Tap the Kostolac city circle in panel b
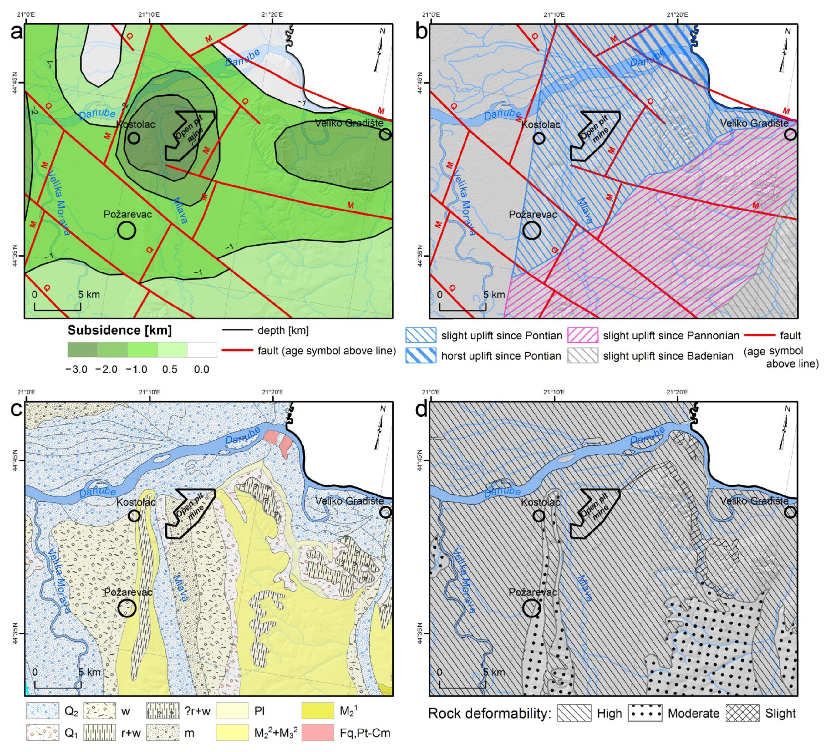(539, 138)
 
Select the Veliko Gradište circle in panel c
(385, 512)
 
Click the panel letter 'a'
(17, 32)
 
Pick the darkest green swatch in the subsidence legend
(82, 349)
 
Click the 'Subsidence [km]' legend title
(119, 330)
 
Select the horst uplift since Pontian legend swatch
(421, 356)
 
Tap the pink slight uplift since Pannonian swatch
(582, 336)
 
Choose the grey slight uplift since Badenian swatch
(582, 356)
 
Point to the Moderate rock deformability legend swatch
(645, 714)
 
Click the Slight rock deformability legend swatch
(743, 714)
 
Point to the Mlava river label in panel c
(181, 588)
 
